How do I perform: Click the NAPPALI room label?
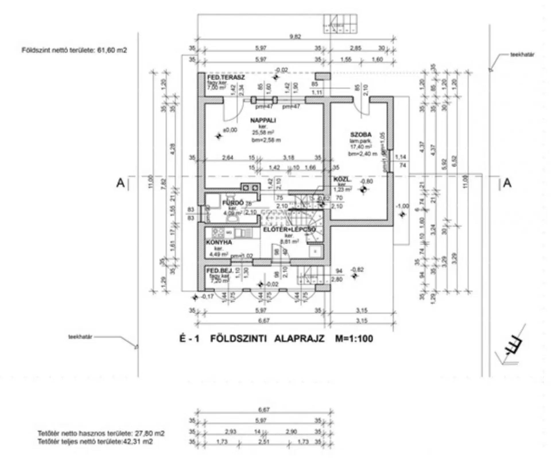pyautogui.click(x=263, y=120)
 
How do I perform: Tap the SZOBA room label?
pyautogui.click(x=361, y=134)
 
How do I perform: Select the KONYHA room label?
pyautogui.click(x=219, y=242)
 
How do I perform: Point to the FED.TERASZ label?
pyautogui.click(x=226, y=77)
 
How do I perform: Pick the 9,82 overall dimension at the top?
pyautogui.click(x=295, y=36)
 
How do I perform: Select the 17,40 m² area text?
pyautogui.click(x=361, y=147)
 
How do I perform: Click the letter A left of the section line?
pyautogui.click(x=121, y=183)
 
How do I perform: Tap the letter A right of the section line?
pyautogui.click(x=507, y=183)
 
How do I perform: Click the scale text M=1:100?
pyautogui.click(x=354, y=339)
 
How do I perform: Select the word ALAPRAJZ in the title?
pyautogui.click(x=299, y=339)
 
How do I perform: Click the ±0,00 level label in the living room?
pyautogui.click(x=230, y=130)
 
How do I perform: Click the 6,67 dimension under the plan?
pyautogui.click(x=264, y=321)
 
